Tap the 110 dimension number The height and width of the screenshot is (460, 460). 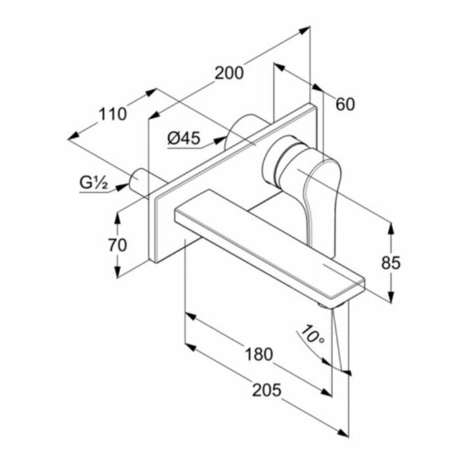click(113, 114)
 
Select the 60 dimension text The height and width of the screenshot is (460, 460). click(345, 104)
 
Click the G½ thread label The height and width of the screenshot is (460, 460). click(95, 183)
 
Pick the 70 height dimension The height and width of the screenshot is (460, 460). click(119, 245)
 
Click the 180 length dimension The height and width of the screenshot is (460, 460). click(259, 354)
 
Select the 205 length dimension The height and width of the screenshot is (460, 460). click(267, 390)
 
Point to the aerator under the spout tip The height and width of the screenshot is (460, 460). click(324, 305)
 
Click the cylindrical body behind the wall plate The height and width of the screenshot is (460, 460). click(242, 129)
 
